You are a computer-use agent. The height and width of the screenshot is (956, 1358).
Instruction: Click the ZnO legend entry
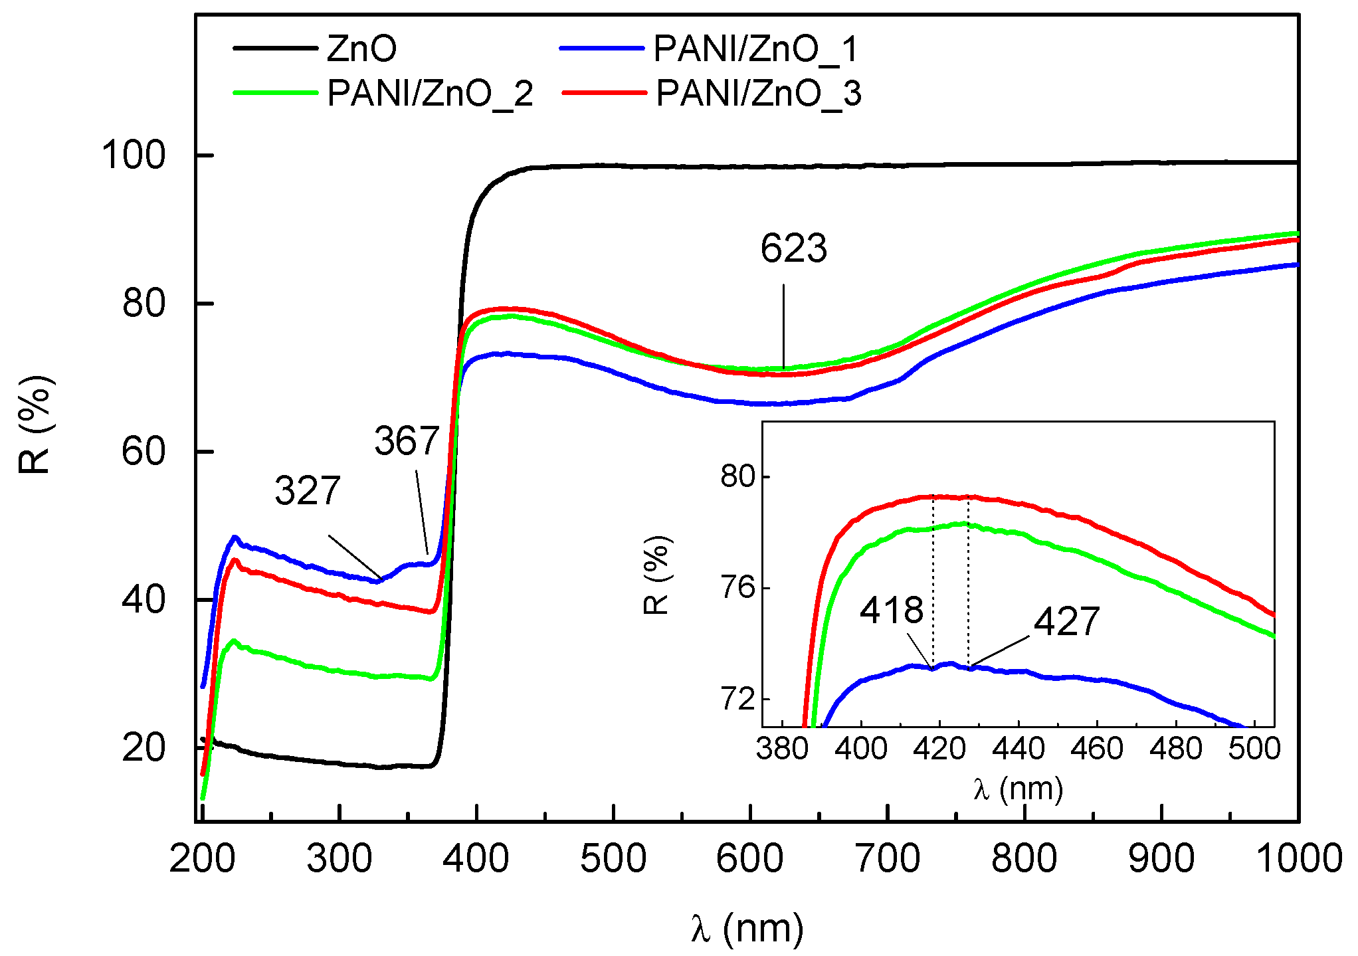pyautogui.click(x=361, y=48)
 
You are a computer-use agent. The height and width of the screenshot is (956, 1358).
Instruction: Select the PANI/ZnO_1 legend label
pyautogui.click(x=755, y=48)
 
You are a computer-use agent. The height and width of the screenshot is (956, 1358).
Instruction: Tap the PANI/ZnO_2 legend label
pyautogui.click(x=430, y=93)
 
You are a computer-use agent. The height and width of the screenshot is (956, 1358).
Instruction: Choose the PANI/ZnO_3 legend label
pyautogui.click(x=758, y=93)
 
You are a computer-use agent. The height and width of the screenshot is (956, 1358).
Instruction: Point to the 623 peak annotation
pyautogui.click(x=793, y=249)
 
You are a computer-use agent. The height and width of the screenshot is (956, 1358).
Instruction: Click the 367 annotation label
pyautogui.click(x=407, y=441)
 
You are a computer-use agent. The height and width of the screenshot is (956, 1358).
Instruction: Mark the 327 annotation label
pyautogui.click(x=308, y=491)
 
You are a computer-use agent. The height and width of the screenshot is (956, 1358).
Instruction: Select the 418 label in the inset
pyautogui.click(x=891, y=610)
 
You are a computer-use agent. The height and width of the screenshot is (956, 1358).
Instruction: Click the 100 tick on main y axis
pyautogui.click(x=133, y=155)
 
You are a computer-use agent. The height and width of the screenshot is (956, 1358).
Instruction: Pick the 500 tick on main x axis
pyautogui.click(x=613, y=858)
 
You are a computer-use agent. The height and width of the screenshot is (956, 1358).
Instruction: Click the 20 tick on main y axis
pyautogui.click(x=143, y=748)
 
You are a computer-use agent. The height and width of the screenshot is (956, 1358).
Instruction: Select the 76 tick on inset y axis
pyautogui.click(x=738, y=588)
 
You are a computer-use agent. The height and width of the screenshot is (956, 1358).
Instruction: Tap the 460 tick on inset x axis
pyautogui.click(x=1097, y=749)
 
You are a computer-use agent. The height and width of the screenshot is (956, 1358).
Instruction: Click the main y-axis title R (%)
pyautogui.click(x=35, y=425)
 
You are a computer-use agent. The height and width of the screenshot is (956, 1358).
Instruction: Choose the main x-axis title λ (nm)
pyautogui.click(x=747, y=928)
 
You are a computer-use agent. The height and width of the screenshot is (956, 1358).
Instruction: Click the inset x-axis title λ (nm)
pyautogui.click(x=1018, y=789)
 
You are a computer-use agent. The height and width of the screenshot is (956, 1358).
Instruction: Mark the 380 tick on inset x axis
pyautogui.click(x=782, y=749)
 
